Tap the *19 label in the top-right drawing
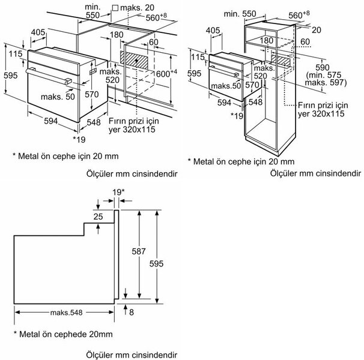click(238, 115)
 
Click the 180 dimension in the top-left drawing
click(117, 35)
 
